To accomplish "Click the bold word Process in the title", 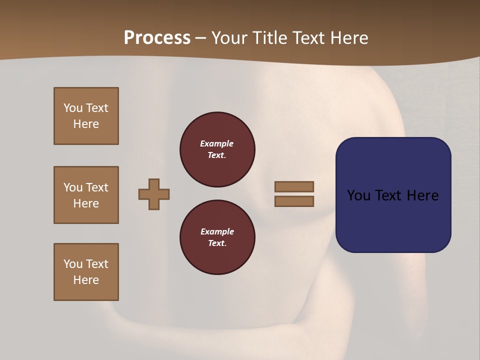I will [157, 38].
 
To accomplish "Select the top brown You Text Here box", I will [86, 116].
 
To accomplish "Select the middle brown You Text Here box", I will [86, 195].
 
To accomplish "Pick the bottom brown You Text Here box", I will [86, 272].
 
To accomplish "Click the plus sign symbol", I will [154, 194].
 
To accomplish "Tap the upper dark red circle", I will [217, 149].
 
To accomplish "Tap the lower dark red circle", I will [217, 237].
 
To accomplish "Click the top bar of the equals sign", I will [294, 186].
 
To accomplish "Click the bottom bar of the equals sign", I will [294, 201].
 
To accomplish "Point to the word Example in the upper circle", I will [217, 143].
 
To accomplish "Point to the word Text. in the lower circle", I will [217, 243].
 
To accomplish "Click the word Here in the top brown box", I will [86, 124].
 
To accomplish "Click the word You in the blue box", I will [358, 195].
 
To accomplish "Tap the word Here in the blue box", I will [422, 195].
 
